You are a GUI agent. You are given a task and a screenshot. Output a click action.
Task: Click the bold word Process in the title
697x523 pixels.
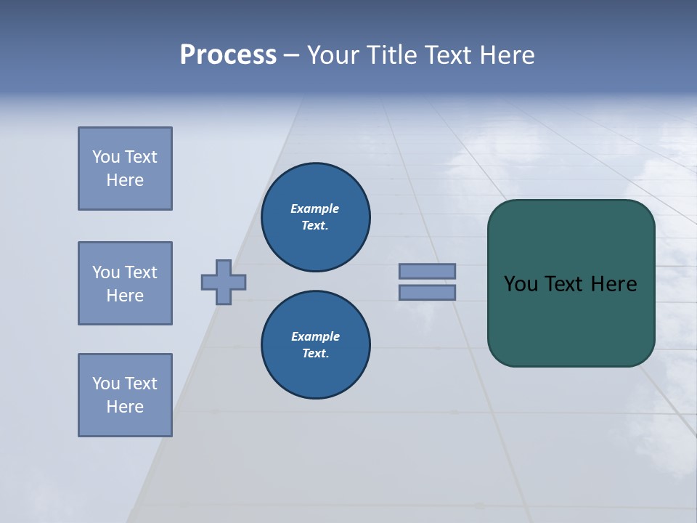[228, 55]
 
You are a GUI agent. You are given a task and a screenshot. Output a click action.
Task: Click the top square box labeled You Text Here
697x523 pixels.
[125, 169]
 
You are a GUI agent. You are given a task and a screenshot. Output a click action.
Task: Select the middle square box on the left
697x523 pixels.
[125, 283]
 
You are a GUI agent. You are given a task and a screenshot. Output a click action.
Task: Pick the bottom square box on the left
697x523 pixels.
[125, 395]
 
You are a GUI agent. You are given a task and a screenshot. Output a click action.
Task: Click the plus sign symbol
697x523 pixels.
[224, 282]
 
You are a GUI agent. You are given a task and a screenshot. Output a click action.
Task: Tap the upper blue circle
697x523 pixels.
[315, 217]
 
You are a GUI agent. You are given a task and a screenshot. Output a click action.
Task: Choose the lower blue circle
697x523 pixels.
[315, 345]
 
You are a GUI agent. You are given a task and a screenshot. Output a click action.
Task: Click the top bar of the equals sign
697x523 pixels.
[427, 271]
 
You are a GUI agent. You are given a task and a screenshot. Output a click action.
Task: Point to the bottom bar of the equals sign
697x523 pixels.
[427, 293]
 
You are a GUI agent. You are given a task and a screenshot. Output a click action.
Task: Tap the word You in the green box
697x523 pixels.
[520, 284]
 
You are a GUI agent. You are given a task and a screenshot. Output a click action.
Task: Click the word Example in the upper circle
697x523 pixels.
[315, 208]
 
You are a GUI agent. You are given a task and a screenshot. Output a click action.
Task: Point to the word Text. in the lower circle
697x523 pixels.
[315, 354]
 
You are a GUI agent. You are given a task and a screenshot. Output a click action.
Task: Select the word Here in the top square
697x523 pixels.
[125, 180]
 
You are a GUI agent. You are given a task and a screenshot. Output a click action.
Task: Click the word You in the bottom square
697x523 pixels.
[106, 384]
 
